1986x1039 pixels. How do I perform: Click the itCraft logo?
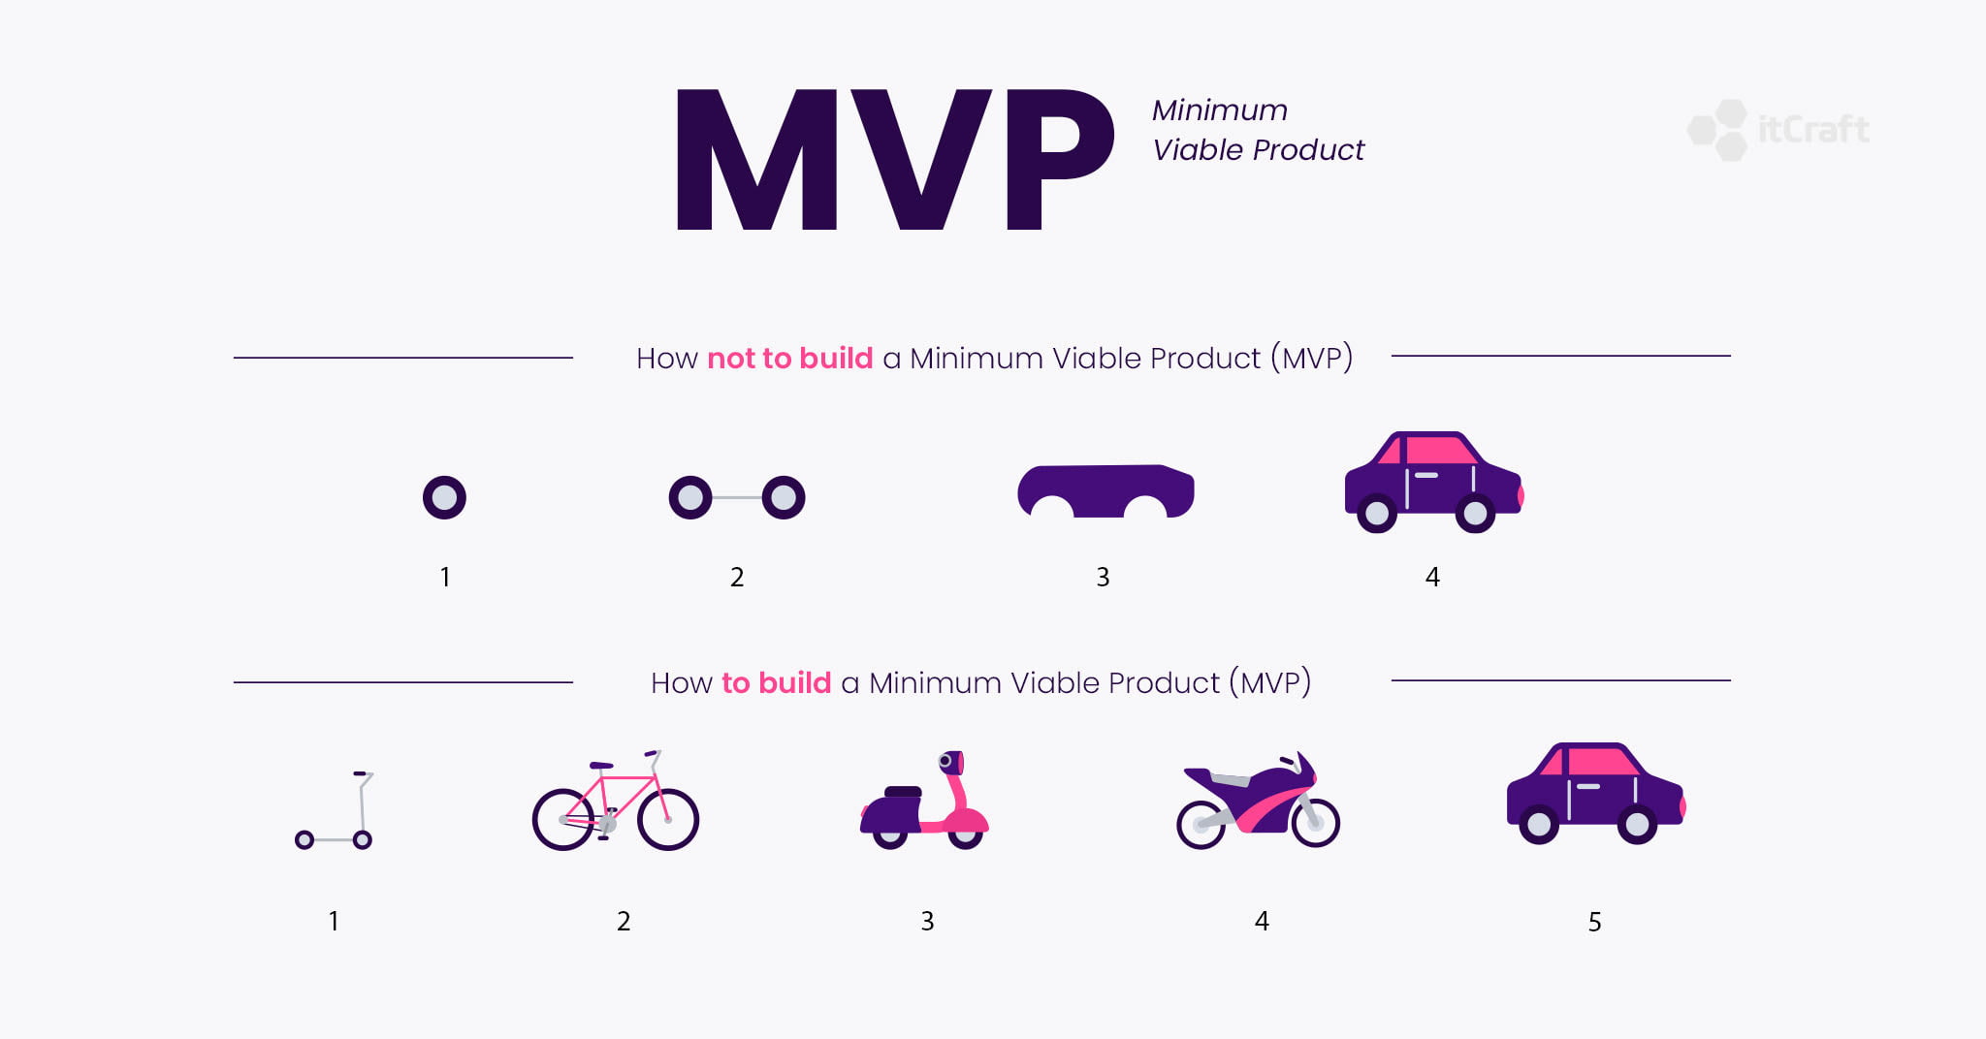(1778, 130)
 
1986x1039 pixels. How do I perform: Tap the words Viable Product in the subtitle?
(1258, 150)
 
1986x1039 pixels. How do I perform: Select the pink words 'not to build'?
(790, 358)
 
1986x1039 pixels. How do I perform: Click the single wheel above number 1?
(444, 497)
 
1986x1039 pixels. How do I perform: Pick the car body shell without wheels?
(1105, 490)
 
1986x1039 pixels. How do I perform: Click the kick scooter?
(335, 810)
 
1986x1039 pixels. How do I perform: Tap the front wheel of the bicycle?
(668, 819)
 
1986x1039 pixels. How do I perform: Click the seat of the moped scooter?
(903, 792)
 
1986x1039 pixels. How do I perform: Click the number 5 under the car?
(1594, 922)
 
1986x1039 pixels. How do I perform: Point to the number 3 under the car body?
(1103, 578)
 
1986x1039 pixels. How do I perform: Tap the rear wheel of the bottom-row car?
(1539, 825)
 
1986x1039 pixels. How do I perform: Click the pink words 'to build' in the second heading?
(777, 682)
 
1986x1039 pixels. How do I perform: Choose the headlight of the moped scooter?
(946, 762)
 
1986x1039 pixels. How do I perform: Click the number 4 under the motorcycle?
(1261, 921)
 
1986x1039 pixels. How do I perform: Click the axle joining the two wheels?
(737, 497)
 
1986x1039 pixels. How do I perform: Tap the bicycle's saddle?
(601, 766)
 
